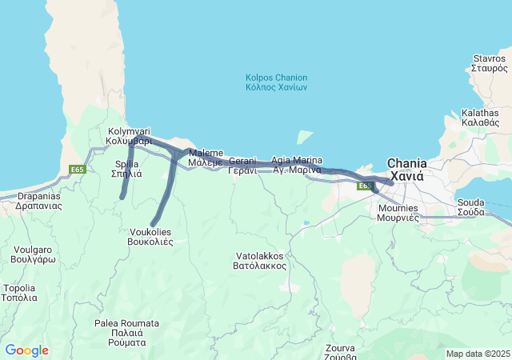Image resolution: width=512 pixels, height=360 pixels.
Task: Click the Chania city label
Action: pos(407,169)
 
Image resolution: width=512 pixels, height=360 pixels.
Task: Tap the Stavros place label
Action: pos(490,63)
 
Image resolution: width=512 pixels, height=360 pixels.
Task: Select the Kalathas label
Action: pos(480,118)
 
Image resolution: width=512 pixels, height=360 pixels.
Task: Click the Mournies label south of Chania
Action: pos(398,212)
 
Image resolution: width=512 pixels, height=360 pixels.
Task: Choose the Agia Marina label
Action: pos(296,165)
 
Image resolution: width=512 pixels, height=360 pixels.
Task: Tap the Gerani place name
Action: pos(242,166)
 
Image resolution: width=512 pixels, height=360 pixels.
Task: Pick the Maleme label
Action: pos(206,157)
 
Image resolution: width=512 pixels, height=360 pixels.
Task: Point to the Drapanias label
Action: pos(38,200)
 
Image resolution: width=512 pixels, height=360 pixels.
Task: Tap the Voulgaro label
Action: pos(34,254)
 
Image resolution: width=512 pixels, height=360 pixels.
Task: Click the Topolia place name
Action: pos(20,292)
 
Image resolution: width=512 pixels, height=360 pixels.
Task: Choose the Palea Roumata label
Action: pos(126,332)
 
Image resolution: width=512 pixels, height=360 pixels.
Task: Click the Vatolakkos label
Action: pos(259,260)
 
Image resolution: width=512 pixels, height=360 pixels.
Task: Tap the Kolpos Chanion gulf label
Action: pos(277,82)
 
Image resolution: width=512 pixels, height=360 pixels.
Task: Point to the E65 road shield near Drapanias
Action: pos(78,170)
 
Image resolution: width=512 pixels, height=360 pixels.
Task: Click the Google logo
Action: pos(26,350)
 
